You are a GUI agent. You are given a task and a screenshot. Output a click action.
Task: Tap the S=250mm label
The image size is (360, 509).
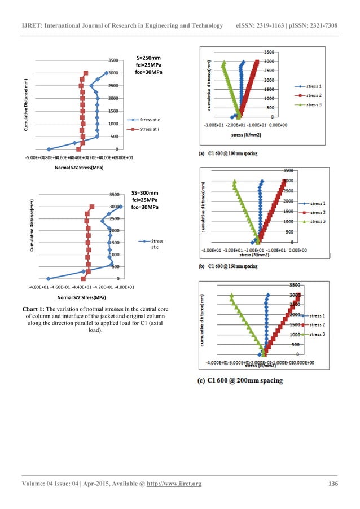pos(149,58)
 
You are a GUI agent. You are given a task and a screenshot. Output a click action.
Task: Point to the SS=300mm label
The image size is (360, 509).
pos(150,192)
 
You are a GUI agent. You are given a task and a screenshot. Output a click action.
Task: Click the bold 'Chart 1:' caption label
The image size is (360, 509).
pos(34,309)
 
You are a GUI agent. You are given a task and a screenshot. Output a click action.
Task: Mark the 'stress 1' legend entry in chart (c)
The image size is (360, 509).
pos(319,316)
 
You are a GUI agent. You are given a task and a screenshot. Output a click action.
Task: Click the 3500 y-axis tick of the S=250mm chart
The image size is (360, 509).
pos(112,60)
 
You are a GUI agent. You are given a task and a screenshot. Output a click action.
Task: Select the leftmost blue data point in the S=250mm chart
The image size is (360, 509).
pos(49,149)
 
